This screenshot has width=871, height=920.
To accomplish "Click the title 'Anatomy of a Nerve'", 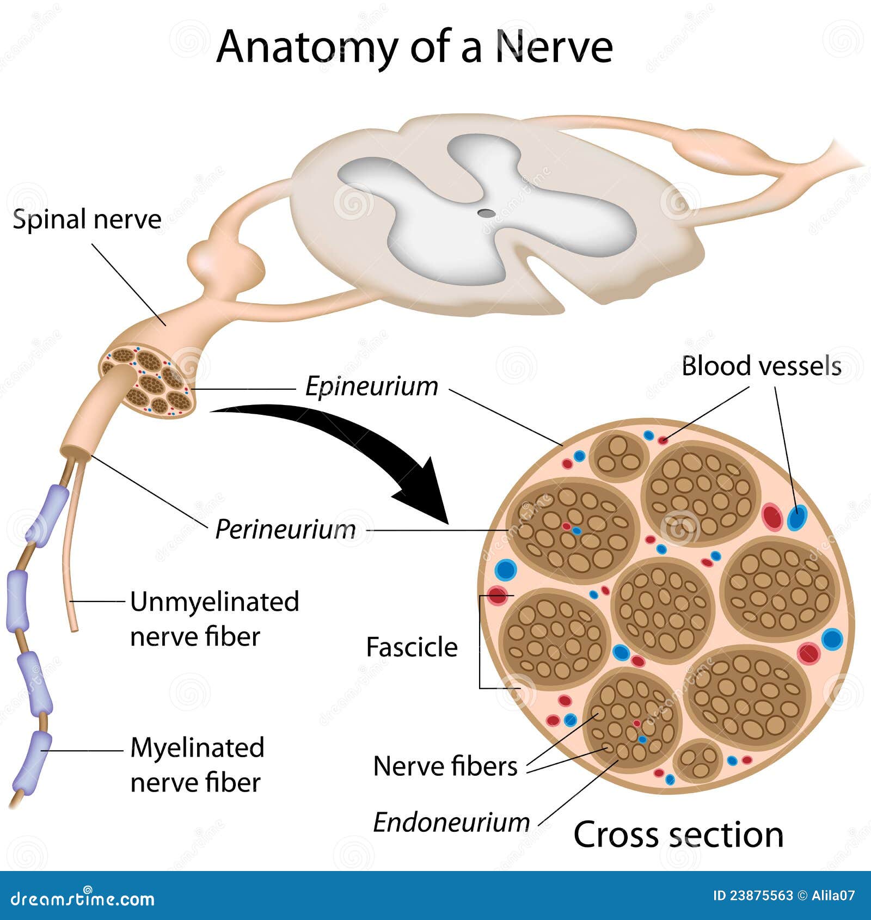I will click(415, 47).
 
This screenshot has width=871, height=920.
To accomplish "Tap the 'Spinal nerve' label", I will click(87, 220).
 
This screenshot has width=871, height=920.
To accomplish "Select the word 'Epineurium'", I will click(371, 387).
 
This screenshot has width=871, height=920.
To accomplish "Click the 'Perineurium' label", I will click(285, 529).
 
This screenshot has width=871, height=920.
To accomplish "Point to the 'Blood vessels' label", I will click(761, 366).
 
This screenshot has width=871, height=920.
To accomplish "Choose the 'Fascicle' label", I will click(412, 647).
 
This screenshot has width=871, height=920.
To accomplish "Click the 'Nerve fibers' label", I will click(445, 766).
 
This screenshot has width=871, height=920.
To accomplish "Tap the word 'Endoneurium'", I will click(451, 822).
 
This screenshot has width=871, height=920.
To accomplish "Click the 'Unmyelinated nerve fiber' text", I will click(214, 619).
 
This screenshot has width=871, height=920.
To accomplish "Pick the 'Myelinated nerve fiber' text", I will click(197, 765).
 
